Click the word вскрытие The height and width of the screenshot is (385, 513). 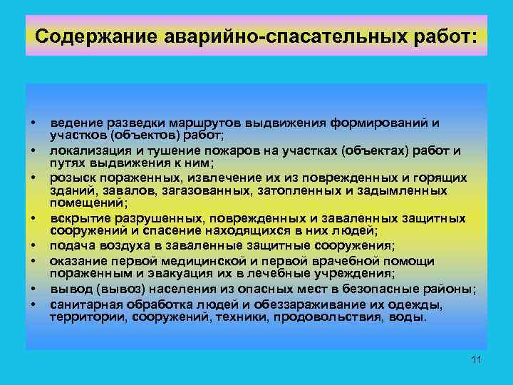(x=76, y=218)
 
